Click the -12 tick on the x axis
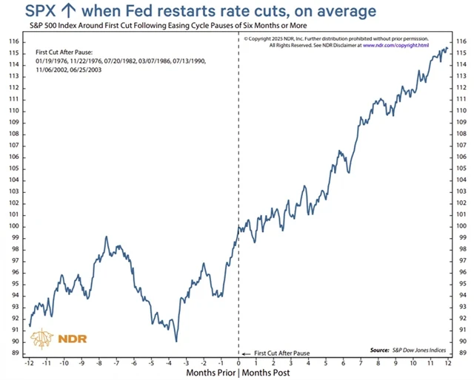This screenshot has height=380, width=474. point(29,363)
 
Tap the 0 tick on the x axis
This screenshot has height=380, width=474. point(238,363)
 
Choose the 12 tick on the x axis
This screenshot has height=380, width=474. point(447,363)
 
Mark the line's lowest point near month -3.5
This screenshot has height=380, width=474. point(176,341)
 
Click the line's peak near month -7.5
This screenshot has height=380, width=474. point(107,238)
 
